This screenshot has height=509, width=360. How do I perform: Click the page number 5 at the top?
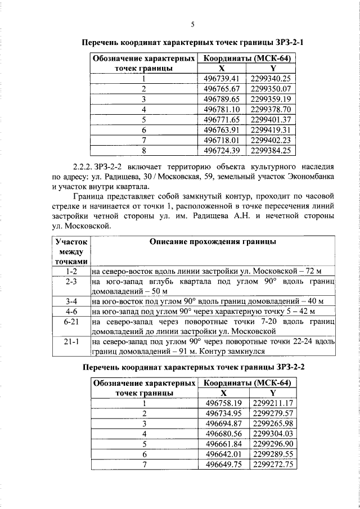[192, 24]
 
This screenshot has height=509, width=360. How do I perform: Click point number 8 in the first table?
[144, 151]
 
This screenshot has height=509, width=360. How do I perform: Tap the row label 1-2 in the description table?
[71, 271]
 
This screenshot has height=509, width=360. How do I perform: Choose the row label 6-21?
[71, 321]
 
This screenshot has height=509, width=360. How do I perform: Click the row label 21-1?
[71, 341]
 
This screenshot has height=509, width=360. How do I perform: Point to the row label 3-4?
[71, 301]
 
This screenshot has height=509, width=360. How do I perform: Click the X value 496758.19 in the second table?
[223, 403]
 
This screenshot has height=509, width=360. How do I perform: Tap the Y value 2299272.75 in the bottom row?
[273, 465]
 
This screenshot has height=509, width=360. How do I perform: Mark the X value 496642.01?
[223, 454]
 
